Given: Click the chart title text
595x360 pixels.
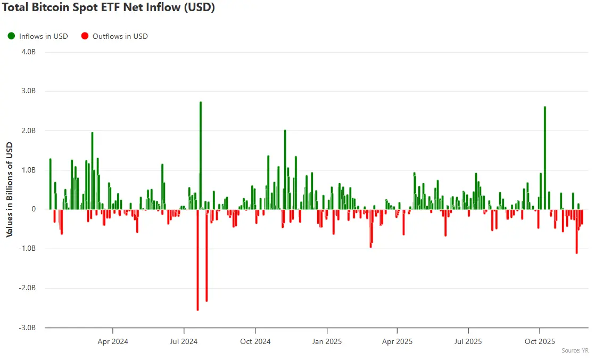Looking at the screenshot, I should click(109, 8).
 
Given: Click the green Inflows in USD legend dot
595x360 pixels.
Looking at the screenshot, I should click(11, 36).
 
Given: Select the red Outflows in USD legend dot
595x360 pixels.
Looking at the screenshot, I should click(85, 36).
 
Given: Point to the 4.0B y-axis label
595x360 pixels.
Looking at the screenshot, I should click(29, 52).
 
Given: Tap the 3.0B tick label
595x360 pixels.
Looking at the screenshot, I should click(29, 91).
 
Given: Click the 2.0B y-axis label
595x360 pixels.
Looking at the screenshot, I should click(29, 130).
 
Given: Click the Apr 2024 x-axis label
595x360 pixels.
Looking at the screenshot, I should click(113, 341).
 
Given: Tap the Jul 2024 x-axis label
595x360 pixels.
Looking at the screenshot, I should click(184, 341).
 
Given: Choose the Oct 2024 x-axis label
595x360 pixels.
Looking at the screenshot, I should click(255, 341).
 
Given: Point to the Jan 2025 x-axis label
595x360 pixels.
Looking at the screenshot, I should click(327, 341).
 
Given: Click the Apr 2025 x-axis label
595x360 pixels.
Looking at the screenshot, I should click(398, 341).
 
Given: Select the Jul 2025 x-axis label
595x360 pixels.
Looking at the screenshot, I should click(468, 341).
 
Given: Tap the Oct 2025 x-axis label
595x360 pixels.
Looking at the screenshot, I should click(540, 341).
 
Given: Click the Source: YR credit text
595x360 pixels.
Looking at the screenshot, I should click(575, 350).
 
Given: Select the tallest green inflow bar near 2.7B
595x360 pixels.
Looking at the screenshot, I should click(201, 154).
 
